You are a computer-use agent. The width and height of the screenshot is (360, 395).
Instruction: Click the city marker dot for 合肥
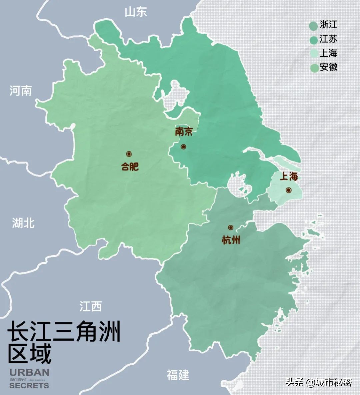coord(129,154)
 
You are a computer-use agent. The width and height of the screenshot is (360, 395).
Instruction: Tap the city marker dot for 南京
coord(183,147)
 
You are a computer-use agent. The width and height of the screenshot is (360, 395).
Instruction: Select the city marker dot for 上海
coord(288,190)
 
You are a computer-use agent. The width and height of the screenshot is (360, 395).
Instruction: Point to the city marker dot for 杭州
coord(230,227)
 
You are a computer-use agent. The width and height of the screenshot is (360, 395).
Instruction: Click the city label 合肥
coord(130,166)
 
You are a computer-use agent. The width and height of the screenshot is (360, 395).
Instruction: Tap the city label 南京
coord(184,132)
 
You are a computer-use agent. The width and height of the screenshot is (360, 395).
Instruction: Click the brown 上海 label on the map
coord(289,177)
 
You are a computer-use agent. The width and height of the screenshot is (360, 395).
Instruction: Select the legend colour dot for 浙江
coord(313,25)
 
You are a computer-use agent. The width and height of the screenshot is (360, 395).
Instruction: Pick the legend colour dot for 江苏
coord(313,40)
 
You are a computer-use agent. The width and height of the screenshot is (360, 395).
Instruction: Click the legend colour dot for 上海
coord(313,54)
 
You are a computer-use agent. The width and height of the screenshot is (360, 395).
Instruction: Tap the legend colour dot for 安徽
coord(313,68)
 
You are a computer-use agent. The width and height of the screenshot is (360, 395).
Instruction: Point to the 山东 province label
coord(136,12)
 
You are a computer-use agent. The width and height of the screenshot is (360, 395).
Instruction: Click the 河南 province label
coord(21,90)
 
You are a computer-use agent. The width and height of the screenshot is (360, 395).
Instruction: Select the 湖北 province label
coord(23,223)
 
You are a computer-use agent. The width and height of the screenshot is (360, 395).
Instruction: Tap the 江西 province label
coord(91,306)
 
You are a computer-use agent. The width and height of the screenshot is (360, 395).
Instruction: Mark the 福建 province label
coord(178,375)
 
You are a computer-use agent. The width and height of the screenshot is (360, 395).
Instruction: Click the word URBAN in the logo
coord(29,372)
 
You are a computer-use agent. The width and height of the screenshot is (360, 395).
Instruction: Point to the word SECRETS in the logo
coord(29,385)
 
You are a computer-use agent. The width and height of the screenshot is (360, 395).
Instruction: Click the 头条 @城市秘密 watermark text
coord(318,382)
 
